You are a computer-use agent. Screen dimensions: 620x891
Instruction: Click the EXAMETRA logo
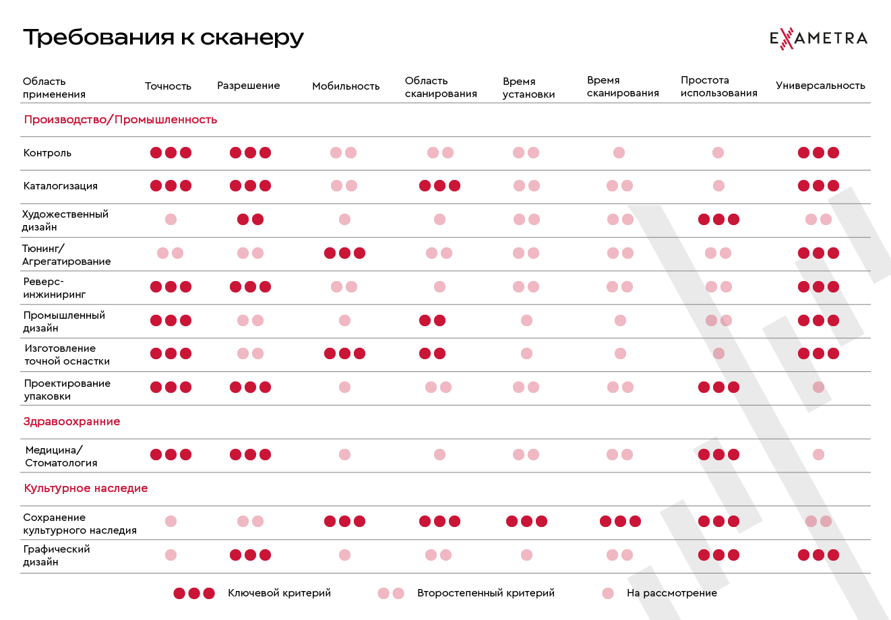pos(818,38)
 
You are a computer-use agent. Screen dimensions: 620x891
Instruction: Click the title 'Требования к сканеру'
pos(163,37)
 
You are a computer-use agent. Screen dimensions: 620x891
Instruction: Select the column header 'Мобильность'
pos(346,86)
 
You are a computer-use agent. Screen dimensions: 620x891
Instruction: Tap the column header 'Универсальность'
pos(820,86)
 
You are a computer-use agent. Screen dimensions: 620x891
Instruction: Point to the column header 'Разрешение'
pos(248,86)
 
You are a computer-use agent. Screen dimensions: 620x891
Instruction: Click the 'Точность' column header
pos(168,86)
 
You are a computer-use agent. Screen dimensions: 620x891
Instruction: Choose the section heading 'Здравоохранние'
pos(71,422)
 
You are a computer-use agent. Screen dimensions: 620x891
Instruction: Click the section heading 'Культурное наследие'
pos(86,489)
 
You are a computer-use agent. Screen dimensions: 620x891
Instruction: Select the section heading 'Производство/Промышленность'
pos(121,120)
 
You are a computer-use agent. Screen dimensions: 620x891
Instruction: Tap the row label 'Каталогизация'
pos(60,186)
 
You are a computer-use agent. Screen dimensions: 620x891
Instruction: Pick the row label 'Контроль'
pos(47,153)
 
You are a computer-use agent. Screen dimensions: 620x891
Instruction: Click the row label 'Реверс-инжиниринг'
pos(54,288)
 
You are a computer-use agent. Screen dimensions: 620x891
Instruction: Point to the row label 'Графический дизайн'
pos(56,555)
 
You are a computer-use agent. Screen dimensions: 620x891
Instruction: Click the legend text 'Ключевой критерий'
pos(279,593)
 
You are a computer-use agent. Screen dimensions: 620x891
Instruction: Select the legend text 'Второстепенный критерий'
pos(485,593)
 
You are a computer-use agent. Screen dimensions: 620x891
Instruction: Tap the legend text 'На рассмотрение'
pos(671,593)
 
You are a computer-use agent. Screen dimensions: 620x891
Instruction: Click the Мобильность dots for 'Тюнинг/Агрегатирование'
pos(344,253)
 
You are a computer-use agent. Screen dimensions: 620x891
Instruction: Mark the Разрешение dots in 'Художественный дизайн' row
pos(250,220)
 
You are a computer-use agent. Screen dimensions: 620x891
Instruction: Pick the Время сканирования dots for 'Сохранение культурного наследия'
pos(620,521)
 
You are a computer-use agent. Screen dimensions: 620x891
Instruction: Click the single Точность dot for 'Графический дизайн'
pos(171,555)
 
